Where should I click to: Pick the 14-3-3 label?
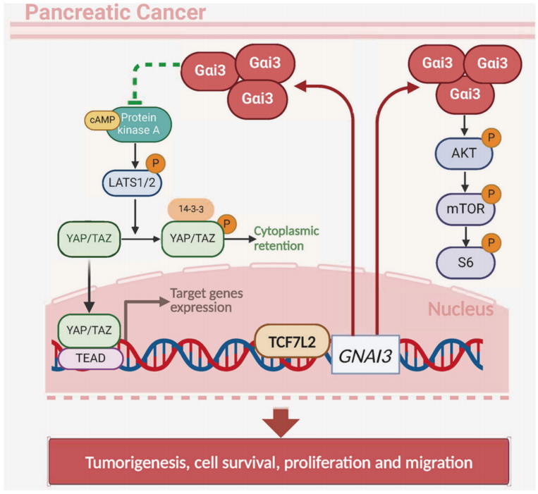click(x=190, y=209)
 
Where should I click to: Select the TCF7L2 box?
click(x=292, y=341)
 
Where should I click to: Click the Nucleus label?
click(x=459, y=309)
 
